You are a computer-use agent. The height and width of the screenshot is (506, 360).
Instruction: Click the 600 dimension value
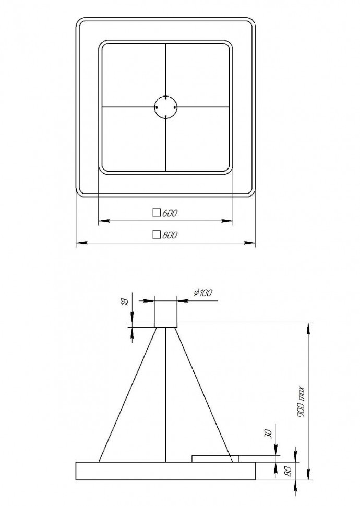pyautogui.click(x=170, y=213)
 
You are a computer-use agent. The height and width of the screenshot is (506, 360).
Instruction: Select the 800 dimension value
pyautogui.click(x=170, y=235)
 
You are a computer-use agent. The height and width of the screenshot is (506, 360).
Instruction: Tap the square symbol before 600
pyautogui.click(x=155, y=213)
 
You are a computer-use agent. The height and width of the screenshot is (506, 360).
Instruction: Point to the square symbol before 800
pyautogui.click(x=155, y=235)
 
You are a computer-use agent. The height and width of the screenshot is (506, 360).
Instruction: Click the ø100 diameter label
pyautogui.click(x=202, y=293)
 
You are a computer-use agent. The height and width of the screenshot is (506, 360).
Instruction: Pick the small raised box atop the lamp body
pyautogui.click(x=215, y=459)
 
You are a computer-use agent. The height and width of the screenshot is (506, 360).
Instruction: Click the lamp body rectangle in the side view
pyautogui.click(x=166, y=471)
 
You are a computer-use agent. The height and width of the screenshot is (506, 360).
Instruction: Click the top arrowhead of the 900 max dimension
pyautogui.click(x=310, y=328)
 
